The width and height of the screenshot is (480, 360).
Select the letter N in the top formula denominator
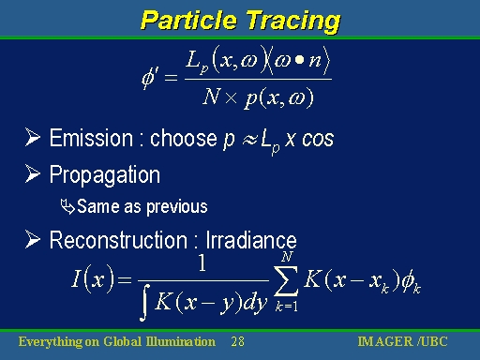pyautogui.click(x=213, y=97)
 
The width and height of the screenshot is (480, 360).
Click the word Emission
pyautogui.click(x=90, y=139)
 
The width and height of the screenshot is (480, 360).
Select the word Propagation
pyautogui.click(x=104, y=175)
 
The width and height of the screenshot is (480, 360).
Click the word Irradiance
pyautogui.click(x=251, y=240)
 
